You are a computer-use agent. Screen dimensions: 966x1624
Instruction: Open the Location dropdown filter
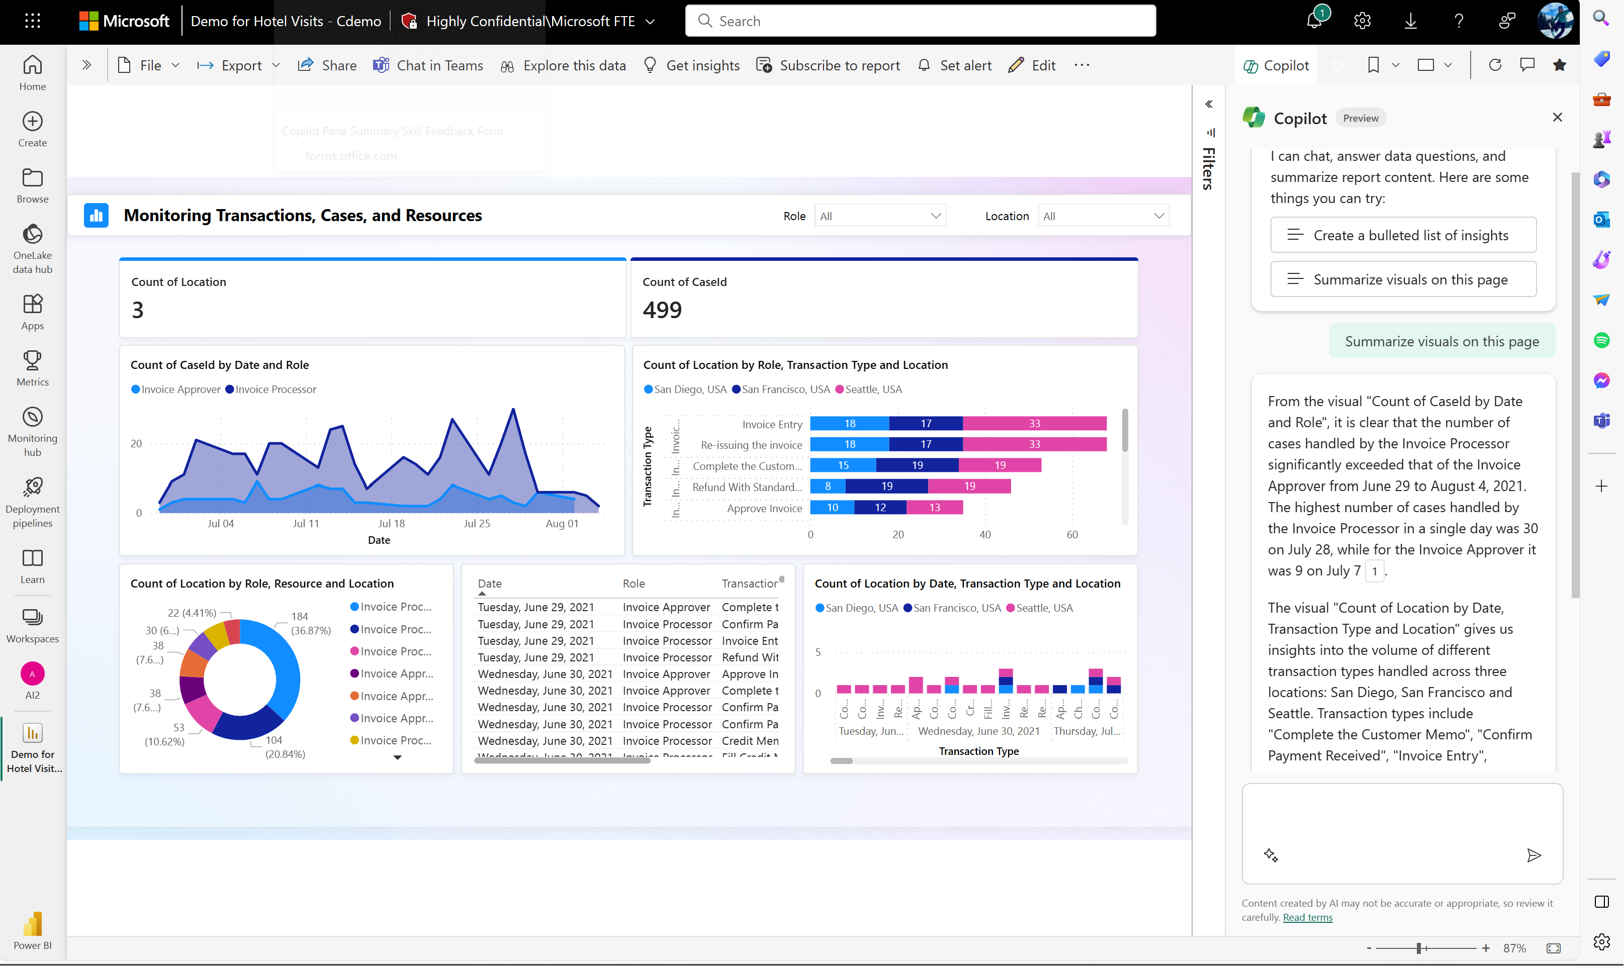(1103, 216)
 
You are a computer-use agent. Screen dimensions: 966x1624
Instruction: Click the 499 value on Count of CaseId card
(662, 310)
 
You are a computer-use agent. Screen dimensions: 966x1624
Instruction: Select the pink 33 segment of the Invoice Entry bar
(1034, 424)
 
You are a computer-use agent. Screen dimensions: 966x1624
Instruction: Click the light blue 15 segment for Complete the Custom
(843, 465)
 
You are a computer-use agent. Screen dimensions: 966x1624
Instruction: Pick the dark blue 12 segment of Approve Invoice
(880, 507)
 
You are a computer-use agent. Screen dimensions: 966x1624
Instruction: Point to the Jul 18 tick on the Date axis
(391, 523)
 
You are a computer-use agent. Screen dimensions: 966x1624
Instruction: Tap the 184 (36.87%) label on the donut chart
(310, 623)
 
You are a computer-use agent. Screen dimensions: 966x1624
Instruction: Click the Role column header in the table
(633, 583)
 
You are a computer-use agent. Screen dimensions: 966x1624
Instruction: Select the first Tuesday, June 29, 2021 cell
(535, 607)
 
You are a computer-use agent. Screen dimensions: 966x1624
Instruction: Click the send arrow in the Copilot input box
(1533, 855)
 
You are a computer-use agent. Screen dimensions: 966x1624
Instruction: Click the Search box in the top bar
(920, 21)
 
